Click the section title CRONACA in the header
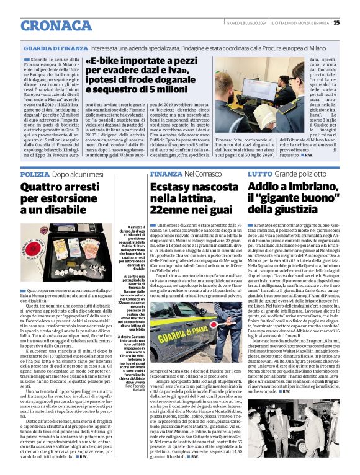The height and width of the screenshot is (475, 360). [57, 25]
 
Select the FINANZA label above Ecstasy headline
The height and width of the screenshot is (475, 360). [164, 175]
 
